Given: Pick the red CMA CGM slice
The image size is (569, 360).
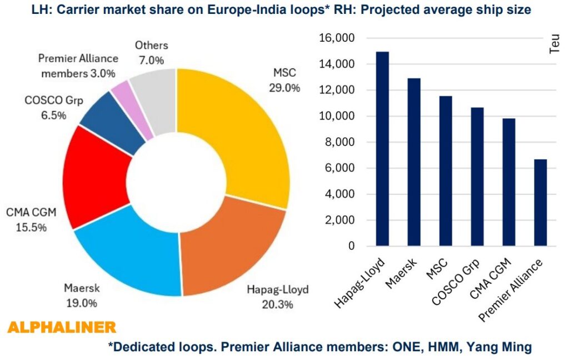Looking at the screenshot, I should (x=94, y=178).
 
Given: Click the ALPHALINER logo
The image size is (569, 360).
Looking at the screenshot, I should (x=62, y=327).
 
